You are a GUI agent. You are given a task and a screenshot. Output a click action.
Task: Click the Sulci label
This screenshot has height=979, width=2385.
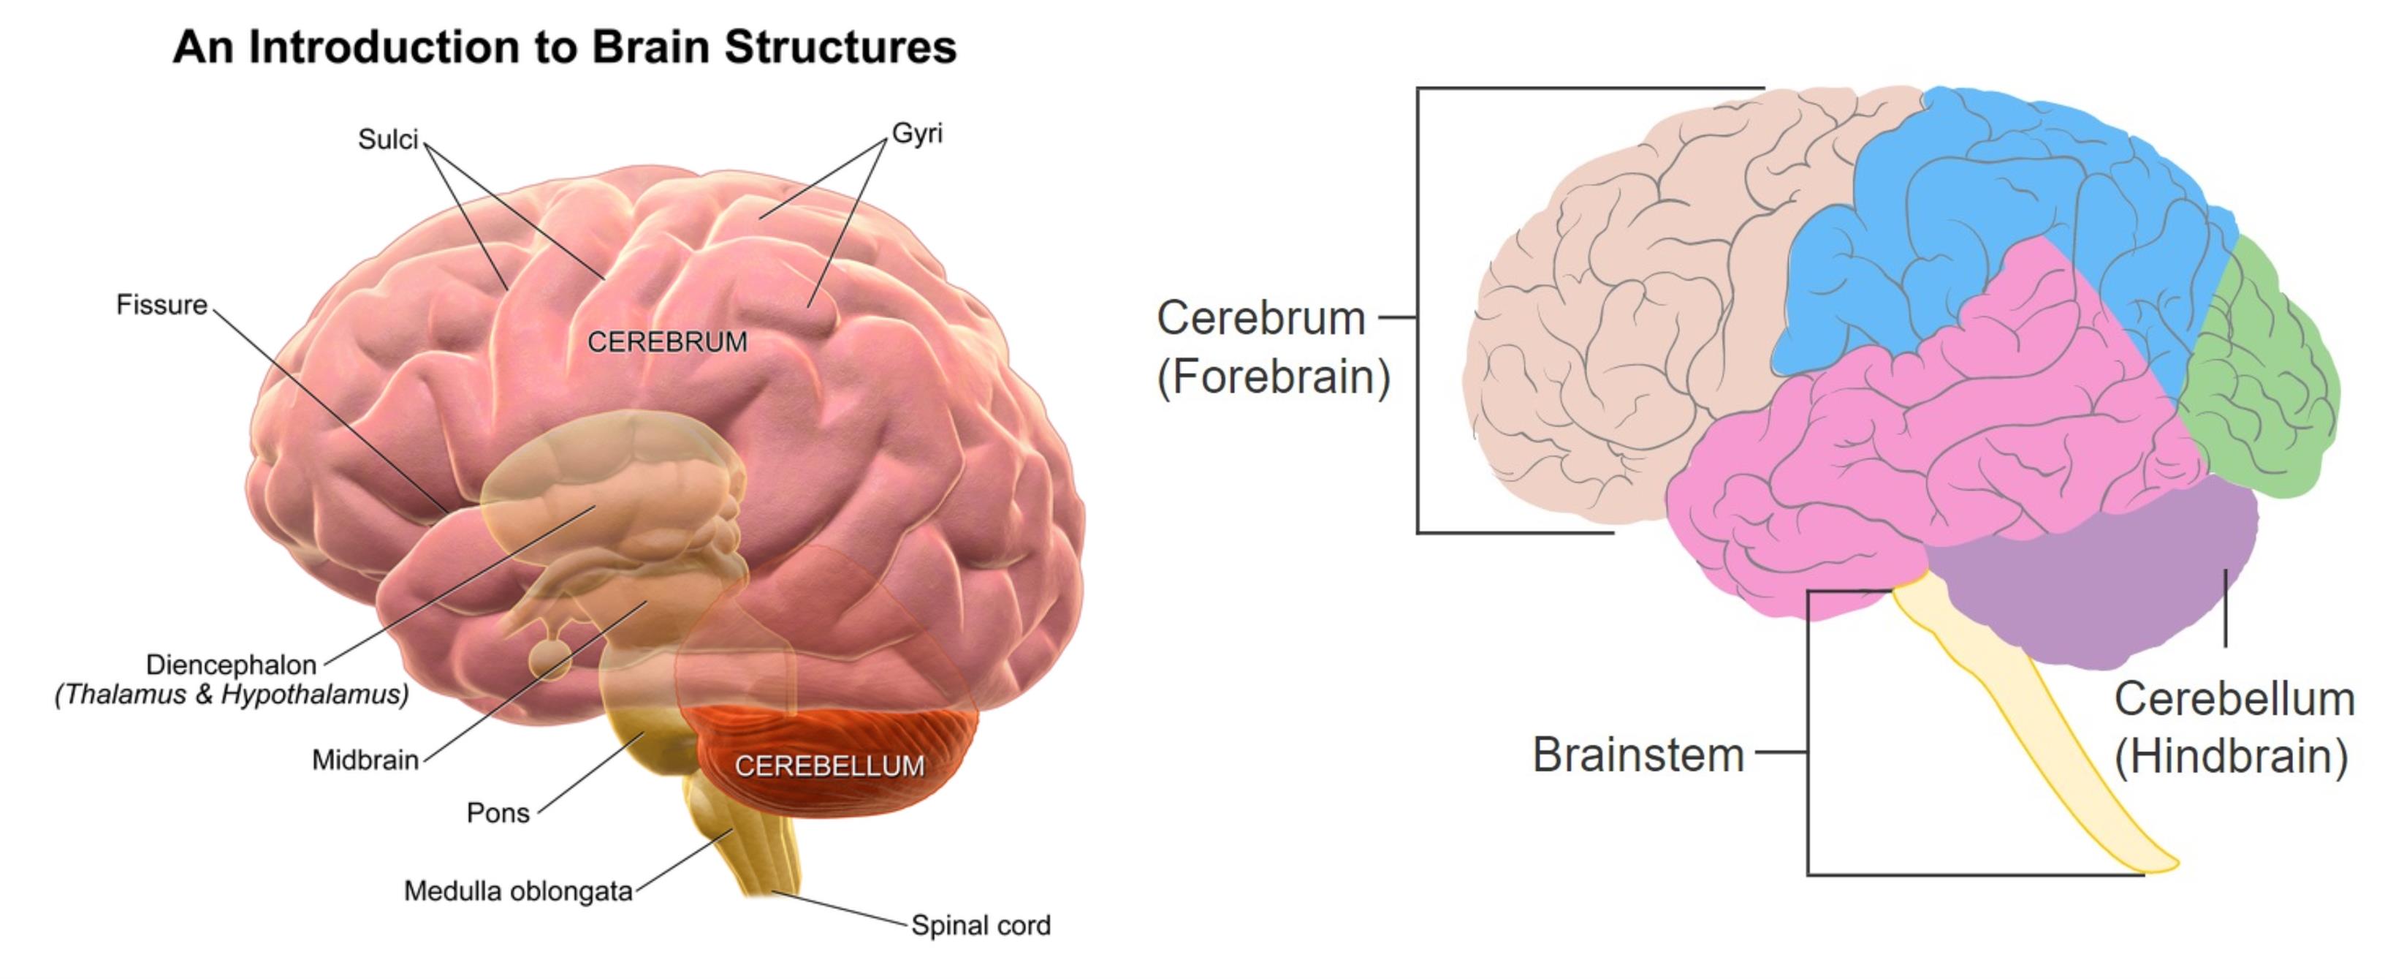click(388, 140)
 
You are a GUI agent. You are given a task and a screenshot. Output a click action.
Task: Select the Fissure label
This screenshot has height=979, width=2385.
click(162, 305)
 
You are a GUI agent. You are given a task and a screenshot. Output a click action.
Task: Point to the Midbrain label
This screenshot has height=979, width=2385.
click(365, 760)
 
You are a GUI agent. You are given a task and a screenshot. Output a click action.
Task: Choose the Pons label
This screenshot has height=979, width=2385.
click(498, 813)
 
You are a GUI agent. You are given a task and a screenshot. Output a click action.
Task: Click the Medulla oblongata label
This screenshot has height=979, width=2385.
click(517, 891)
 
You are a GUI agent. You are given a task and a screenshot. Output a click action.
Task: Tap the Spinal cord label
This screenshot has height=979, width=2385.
click(981, 926)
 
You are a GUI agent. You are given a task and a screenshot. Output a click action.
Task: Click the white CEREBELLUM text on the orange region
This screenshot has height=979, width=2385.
click(829, 766)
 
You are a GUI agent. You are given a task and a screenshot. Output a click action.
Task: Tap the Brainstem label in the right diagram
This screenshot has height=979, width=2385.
click(1637, 754)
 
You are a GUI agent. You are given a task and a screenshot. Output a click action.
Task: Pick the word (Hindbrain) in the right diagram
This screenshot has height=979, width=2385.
click(2232, 757)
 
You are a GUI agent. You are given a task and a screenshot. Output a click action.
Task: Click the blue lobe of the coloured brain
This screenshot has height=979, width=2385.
click(1990, 204)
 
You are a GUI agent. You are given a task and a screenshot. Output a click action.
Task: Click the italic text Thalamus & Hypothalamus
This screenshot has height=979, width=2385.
click(232, 695)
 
